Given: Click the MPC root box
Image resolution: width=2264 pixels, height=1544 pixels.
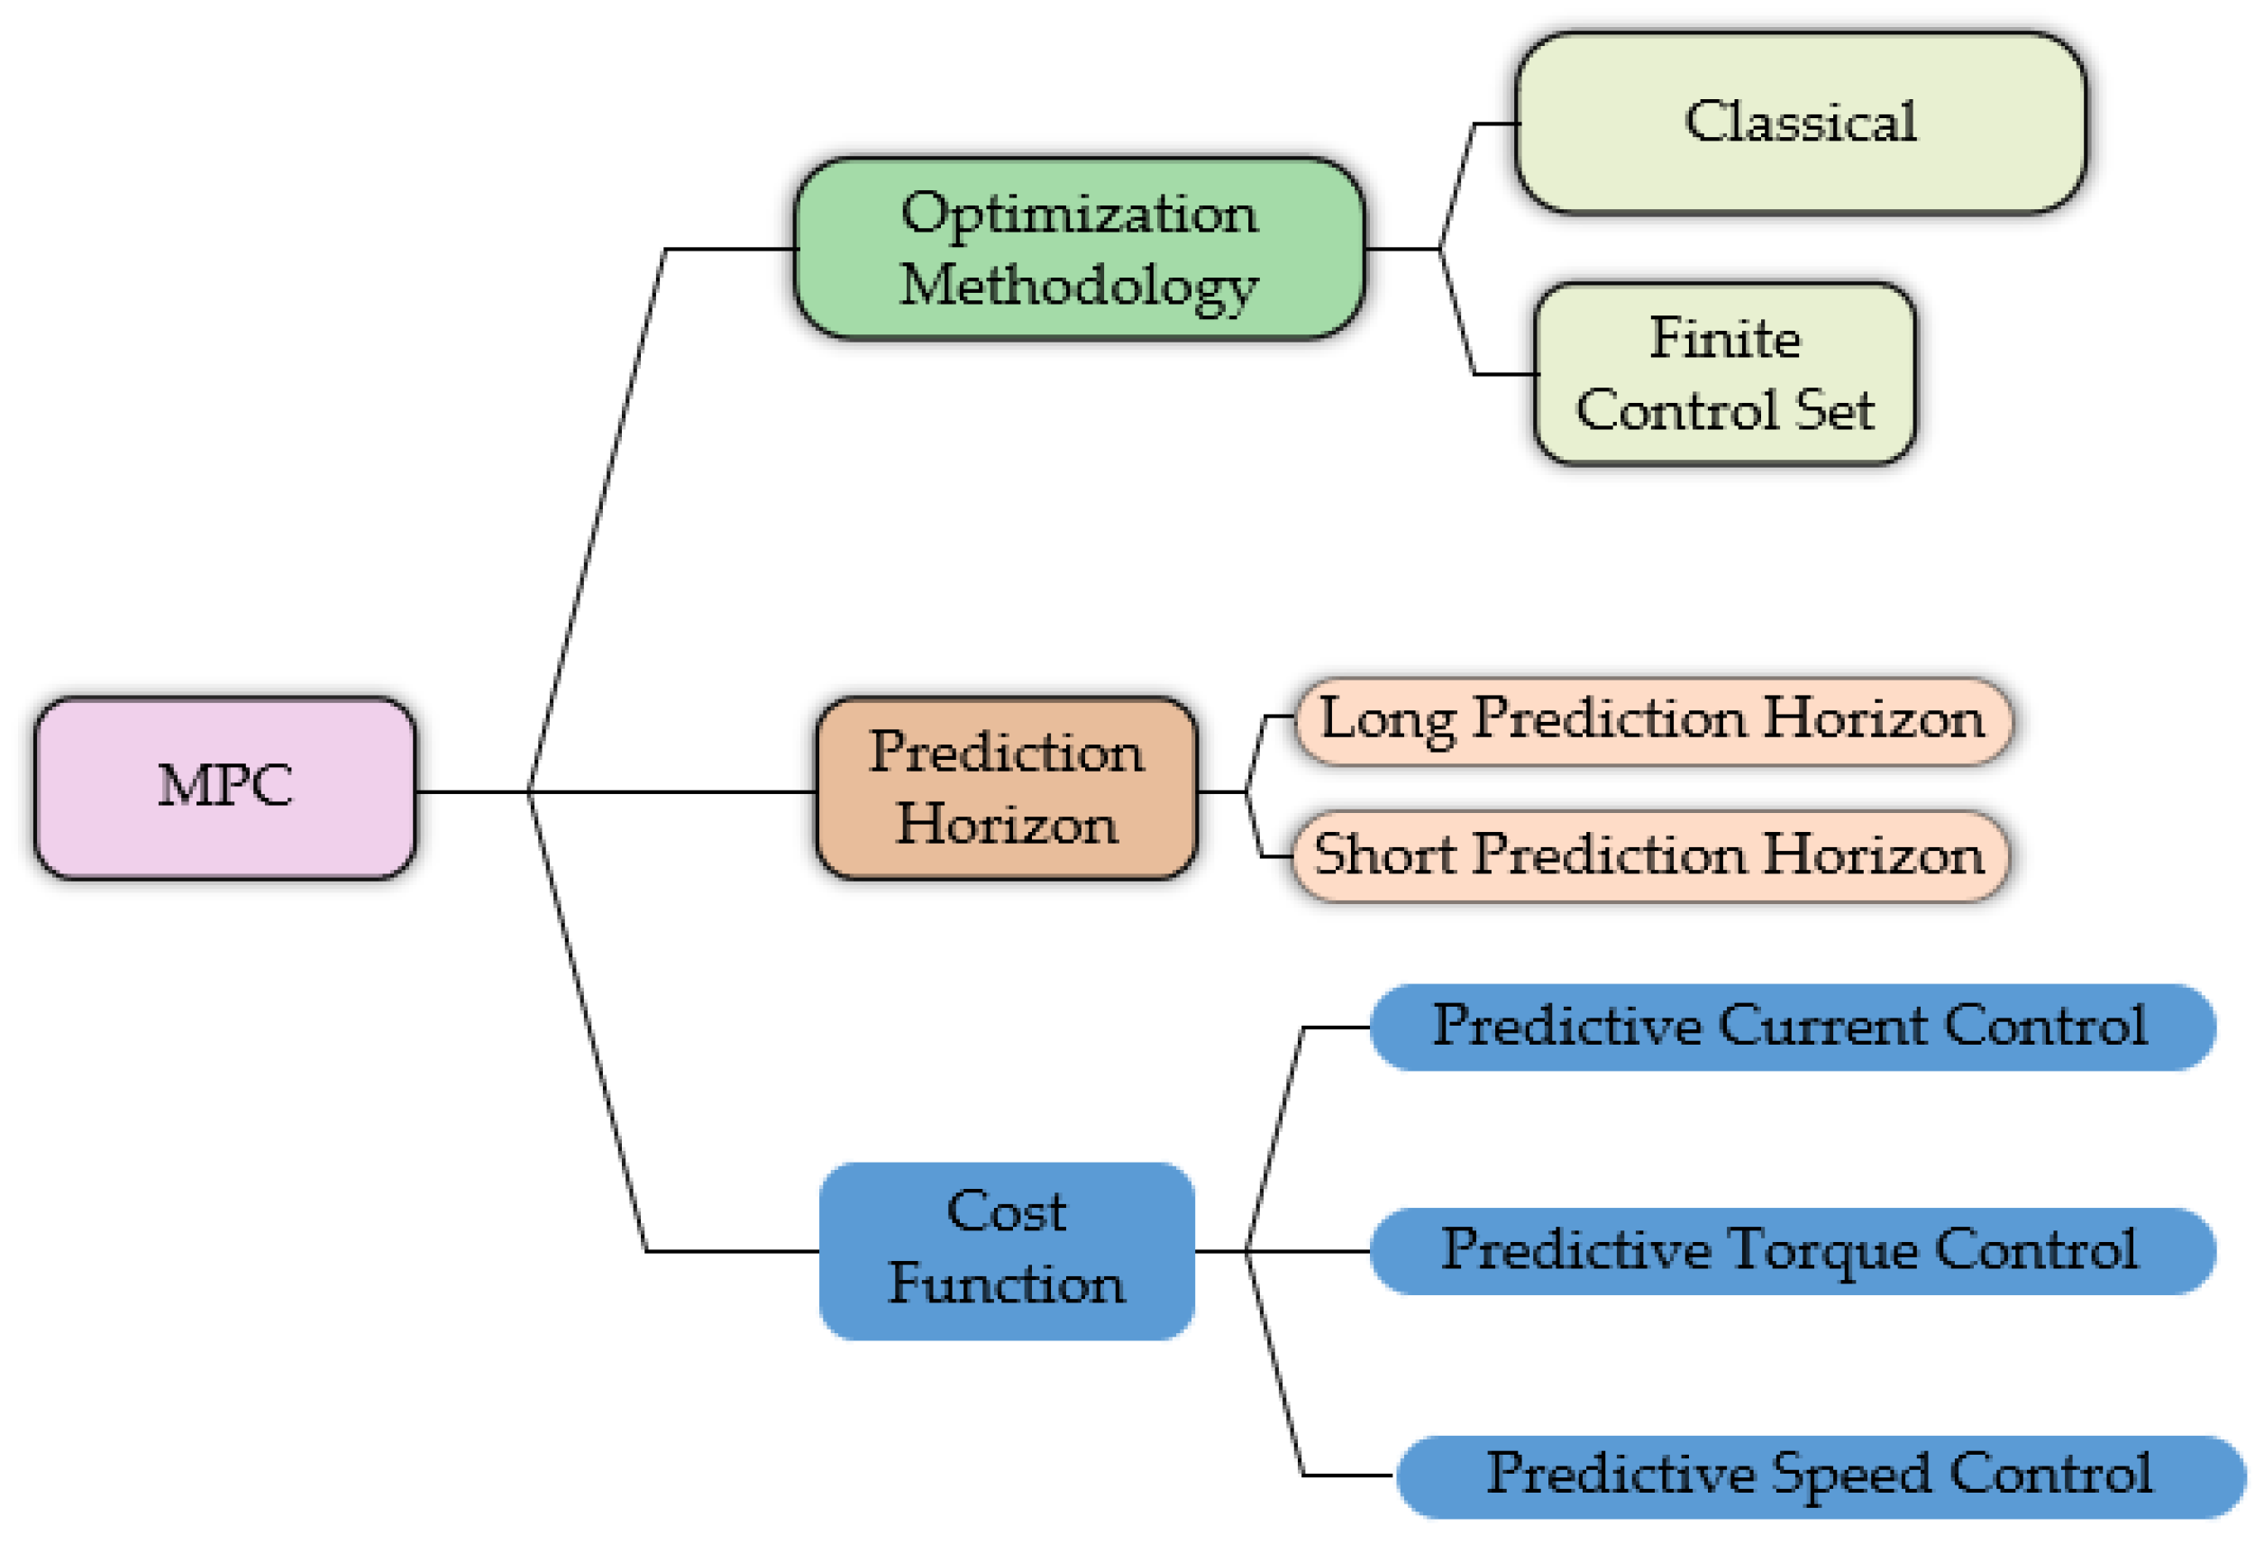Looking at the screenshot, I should pos(225,787).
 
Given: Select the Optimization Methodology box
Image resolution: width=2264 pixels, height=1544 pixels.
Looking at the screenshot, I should pos(1080,249).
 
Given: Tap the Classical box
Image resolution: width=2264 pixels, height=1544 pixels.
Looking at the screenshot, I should pos(1800,123).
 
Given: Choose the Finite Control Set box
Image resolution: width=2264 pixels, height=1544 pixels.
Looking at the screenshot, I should pos(1724,374).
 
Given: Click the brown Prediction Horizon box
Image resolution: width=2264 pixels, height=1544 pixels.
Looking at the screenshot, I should pos(1007,788).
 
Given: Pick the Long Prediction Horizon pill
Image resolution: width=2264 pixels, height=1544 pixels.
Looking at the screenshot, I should pos(1652,721).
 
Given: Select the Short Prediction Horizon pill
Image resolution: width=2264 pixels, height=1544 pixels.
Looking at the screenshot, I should pos(1649,856).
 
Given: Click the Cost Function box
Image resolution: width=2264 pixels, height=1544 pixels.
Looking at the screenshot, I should pos(1007,1251).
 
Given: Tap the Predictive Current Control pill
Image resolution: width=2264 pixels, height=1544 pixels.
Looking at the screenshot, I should pos(1793,1027).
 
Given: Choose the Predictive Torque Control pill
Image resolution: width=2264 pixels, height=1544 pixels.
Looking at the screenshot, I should pos(1793,1251).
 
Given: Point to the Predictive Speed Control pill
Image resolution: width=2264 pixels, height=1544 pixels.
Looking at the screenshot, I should pos(1820,1475).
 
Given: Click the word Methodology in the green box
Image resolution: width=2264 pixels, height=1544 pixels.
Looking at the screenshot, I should pos(1080,288).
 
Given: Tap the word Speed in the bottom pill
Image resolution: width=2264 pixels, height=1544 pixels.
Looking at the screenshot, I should pos(1850,1475).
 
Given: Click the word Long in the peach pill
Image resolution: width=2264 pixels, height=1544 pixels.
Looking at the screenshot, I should pos(1387,721).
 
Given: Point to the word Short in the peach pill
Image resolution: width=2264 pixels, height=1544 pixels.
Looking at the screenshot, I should pos(1384,856).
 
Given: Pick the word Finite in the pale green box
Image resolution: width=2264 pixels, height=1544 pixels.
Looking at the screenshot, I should pos(1724,339).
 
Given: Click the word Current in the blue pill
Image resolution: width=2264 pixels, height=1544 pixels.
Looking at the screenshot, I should pos(1821,1027).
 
